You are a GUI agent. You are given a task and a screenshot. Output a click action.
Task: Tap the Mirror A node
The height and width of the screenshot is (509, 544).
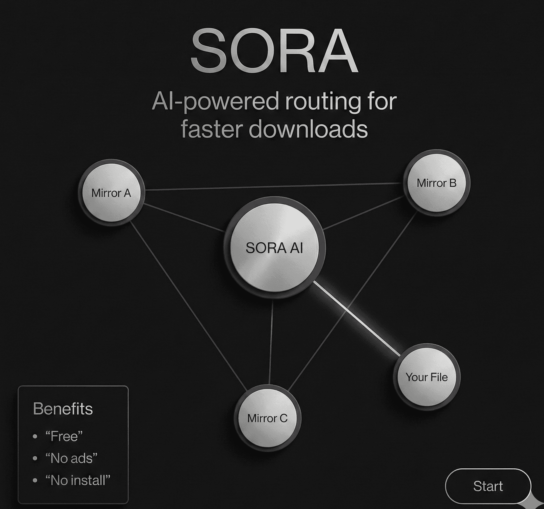pos(111,193)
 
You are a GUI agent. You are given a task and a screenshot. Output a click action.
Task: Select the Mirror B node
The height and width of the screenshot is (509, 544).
pos(436,183)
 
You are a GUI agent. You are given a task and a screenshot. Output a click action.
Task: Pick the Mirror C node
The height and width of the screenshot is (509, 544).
pos(267,418)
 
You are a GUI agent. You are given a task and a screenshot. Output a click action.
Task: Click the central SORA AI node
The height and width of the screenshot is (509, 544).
pos(274,248)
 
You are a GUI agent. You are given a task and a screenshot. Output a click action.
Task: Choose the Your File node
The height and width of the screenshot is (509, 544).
pos(426,377)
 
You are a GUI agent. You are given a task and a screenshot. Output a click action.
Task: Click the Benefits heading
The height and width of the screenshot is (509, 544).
pos(63,409)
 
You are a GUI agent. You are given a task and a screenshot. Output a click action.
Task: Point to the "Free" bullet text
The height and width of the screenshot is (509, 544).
pos(64,436)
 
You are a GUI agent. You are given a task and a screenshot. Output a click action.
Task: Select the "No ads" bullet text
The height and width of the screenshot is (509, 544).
pos(71,458)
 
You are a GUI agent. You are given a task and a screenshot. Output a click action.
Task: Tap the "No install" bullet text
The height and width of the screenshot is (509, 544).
pos(78,480)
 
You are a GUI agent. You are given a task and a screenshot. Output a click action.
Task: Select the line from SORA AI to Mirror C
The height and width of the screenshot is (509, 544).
pos(271,342)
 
